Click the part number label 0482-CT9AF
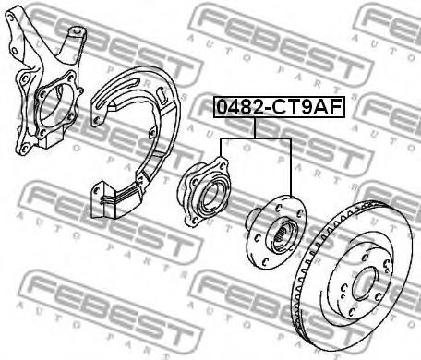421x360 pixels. point(279,107)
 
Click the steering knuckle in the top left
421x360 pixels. point(45,81)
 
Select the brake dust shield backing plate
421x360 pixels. point(136,142)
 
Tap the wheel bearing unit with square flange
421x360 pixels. point(204,191)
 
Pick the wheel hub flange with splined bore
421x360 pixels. point(276,232)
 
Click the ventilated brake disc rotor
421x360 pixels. point(353,275)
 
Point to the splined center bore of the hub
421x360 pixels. point(284,236)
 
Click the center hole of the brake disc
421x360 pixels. point(365,283)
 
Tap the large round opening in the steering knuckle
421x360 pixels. point(52,105)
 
